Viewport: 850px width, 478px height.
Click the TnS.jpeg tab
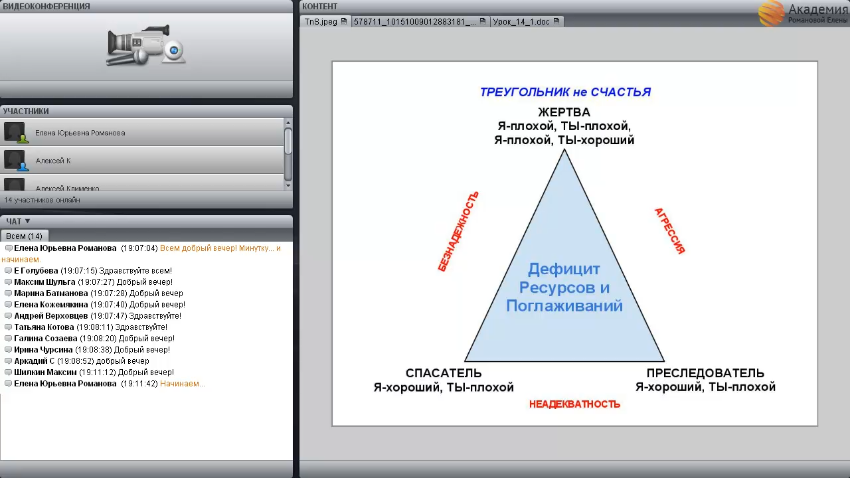click(x=325, y=22)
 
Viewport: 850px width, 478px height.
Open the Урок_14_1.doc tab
click(x=527, y=22)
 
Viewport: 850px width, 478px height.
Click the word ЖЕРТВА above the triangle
click(x=564, y=112)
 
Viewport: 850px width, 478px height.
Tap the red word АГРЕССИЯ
click(x=670, y=230)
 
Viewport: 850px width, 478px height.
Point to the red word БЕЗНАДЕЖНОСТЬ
click(x=458, y=232)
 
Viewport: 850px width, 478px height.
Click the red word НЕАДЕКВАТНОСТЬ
click(x=574, y=404)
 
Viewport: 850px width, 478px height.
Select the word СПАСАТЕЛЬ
click(x=444, y=373)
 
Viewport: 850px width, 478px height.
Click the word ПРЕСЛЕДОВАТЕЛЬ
click(x=705, y=373)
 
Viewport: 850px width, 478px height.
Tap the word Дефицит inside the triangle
click(x=564, y=269)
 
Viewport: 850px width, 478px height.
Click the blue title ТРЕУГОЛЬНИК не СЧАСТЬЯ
click(x=565, y=92)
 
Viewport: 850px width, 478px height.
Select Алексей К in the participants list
click(x=53, y=161)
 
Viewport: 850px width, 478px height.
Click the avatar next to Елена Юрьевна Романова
click(x=15, y=132)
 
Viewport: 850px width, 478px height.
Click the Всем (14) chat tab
click(x=25, y=236)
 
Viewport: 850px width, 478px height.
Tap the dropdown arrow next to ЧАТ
click(x=27, y=221)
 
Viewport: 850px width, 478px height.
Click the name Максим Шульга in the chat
click(x=44, y=282)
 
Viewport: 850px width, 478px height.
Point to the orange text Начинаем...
click(x=182, y=384)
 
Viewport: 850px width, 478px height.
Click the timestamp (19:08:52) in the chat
click(x=76, y=360)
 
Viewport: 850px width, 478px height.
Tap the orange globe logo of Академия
click(x=771, y=13)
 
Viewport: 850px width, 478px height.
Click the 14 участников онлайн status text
click(x=42, y=200)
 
